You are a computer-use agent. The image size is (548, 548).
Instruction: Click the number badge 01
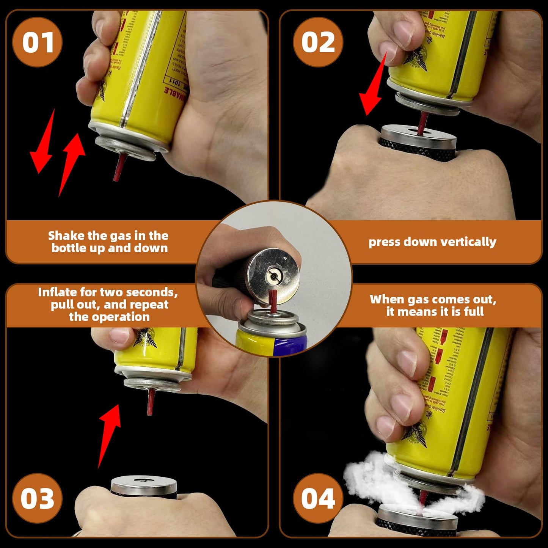(38, 42)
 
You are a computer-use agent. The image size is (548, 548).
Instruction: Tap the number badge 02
(318, 42)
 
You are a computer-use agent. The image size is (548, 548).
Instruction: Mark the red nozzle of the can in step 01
(119, 167)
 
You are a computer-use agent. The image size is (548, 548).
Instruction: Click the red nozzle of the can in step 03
(151, 402)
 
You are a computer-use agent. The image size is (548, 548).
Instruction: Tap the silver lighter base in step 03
(144, 485)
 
